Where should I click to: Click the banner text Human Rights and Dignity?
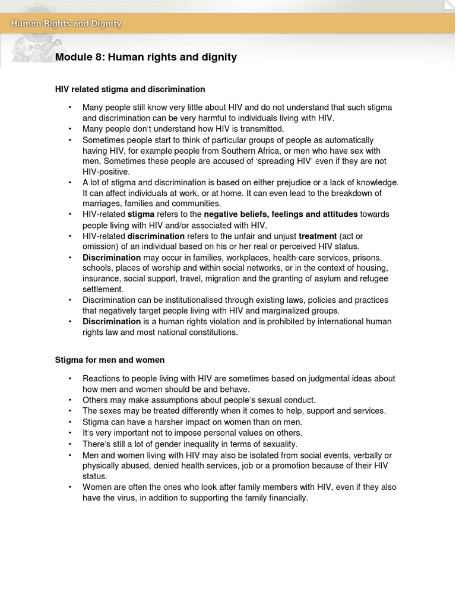(66, 24)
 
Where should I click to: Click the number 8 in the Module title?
(96, 57)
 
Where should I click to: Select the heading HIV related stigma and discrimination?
(130, 89)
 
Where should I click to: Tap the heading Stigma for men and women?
(110, 360)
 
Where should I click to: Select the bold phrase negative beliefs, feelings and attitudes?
(281, 214)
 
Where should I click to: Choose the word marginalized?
(283, 311)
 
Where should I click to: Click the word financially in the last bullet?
(287, 498)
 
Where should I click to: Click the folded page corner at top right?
(450, 5)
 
